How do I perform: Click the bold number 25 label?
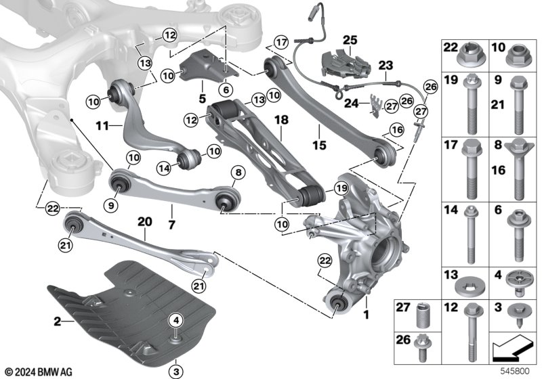pos(349,40)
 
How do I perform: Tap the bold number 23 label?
pos(385,66)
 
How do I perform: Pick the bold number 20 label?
pos(145,221)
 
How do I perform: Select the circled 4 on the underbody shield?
pos(175,320)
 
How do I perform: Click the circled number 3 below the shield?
pos(175,370)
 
